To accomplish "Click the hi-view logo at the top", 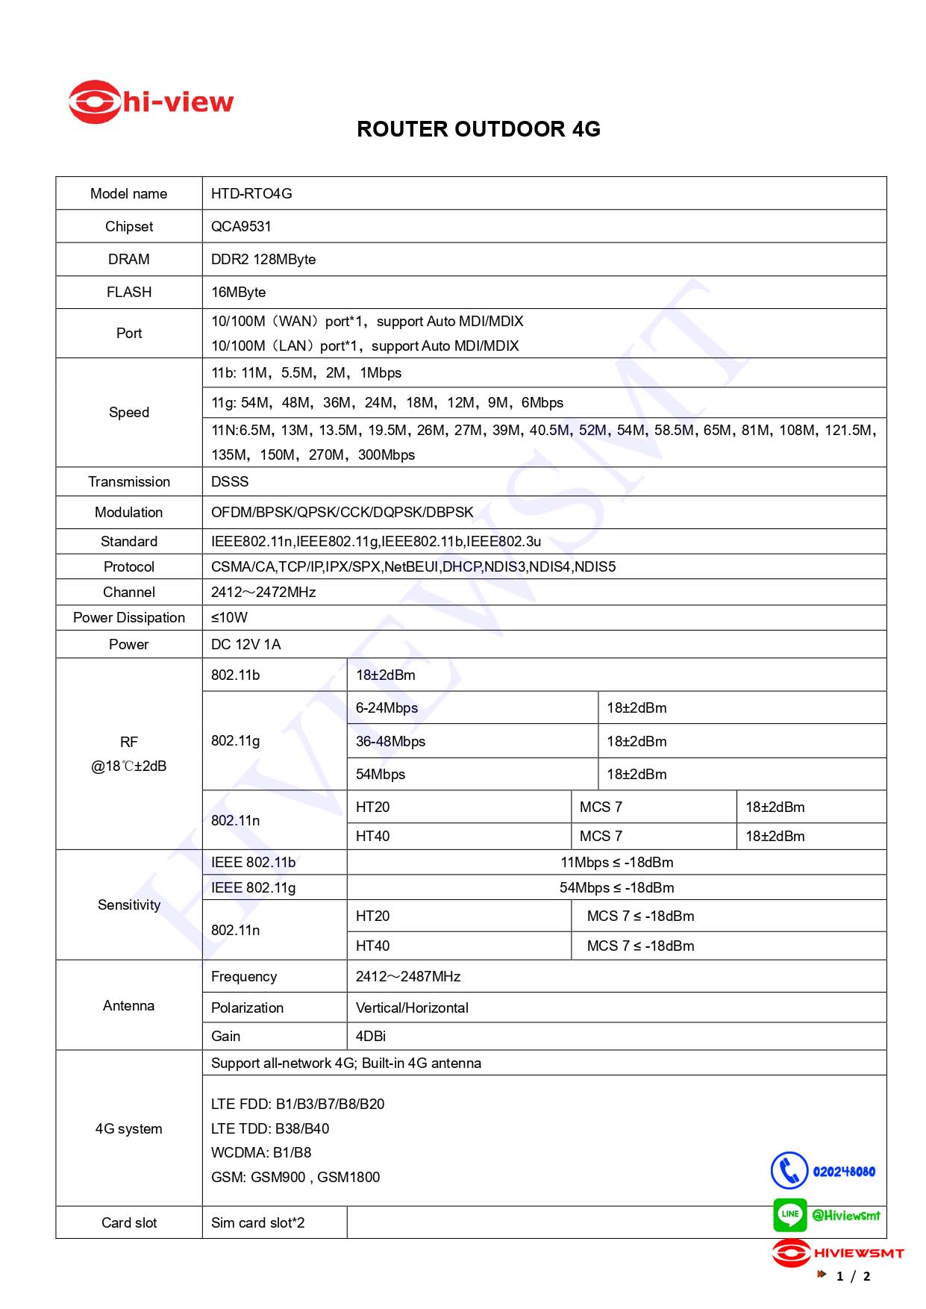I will pos(151,102).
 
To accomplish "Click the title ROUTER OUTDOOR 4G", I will pos(478,129).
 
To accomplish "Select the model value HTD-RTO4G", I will pos(251,194).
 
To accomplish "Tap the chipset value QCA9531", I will pos(241,227).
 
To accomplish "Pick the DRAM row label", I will pos(129,260).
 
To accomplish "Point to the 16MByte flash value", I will pos(239,293).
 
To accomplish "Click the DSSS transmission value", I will pos(230,482).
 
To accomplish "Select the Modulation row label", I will pos(129,513).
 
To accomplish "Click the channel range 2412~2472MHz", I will pos(263,593).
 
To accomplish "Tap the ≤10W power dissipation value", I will pos(229,618).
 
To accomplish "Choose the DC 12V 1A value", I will pos(246,645).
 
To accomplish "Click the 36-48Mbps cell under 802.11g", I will pos(390,742).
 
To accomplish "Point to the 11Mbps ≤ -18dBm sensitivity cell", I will pos(616,863).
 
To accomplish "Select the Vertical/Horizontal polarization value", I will pos(412,1008).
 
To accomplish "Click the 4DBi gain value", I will pos(371,1037).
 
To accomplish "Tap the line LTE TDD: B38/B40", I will pos(270,1129).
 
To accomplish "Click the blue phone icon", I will pos(789,1170).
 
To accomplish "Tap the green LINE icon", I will pos(789,1214).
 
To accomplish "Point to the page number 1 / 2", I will pos(853,1276).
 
